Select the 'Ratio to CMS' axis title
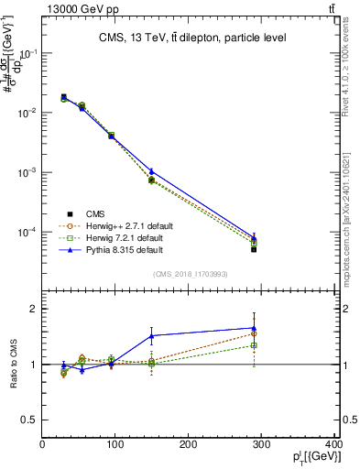point(12,365)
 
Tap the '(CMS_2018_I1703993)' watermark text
point(191,274)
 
